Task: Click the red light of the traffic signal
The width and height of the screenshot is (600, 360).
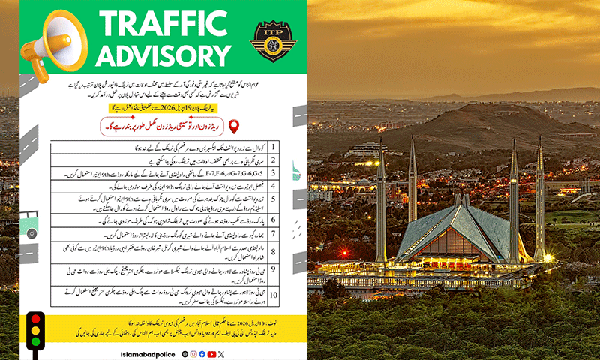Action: click(34, 318)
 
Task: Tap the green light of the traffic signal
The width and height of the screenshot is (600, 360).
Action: click(34, 344)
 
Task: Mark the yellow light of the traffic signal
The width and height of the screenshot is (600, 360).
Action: click(34, 331)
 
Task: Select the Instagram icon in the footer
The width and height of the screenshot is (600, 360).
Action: click(193, 353)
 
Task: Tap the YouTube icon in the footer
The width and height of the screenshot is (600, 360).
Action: click(211, 353)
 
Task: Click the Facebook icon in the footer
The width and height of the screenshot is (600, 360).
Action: click(202, 353)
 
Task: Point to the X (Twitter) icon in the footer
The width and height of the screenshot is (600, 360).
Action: click(220, 353)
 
